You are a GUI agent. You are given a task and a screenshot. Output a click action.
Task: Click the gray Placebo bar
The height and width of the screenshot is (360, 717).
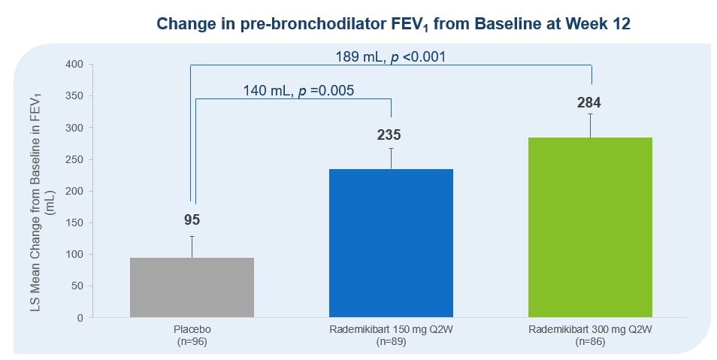pyautogui.click(x=192, y=287)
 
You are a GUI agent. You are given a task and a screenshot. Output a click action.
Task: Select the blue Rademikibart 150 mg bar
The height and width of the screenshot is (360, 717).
pyautogui.click(x=391, y=243)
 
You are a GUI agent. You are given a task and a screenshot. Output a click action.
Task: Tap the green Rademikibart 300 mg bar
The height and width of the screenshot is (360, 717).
pyautogui.click(x=590, y=227)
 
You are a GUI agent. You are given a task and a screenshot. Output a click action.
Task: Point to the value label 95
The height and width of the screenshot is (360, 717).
pyautogui.click(x=192, y=220)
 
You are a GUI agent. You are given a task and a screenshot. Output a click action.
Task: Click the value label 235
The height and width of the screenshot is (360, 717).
pyautogui.click(x=389, y=135)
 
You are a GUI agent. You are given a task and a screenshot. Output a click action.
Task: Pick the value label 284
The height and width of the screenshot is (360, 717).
pyautogui.click(x=589, y=103)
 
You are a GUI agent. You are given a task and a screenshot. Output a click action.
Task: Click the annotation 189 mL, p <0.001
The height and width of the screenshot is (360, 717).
pyautogui.click(x=391, y=56)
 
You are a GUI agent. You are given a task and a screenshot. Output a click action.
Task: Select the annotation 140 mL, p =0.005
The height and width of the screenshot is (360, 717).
pyautogui.click(x=298, y=90)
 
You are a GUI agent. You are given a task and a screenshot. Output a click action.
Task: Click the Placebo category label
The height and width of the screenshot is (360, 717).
pyautogui.click(x=192, y=330)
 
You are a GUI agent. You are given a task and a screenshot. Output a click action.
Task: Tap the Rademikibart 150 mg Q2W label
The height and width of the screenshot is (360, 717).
pyautogui.click(x=391, y=330)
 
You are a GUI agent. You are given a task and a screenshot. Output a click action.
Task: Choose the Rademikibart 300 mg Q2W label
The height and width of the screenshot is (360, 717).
pyautogui.click(x=590, y=330)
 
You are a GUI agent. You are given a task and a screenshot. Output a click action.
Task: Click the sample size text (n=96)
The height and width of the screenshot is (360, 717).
pyautogui.click(x=192, y=342)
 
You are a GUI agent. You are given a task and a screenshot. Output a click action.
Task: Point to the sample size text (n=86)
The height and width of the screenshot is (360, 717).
pyautogui.click(x=590, y=342)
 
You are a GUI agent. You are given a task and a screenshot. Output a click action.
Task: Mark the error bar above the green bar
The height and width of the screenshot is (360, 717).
pyautogui.click(x=591, y=125)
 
